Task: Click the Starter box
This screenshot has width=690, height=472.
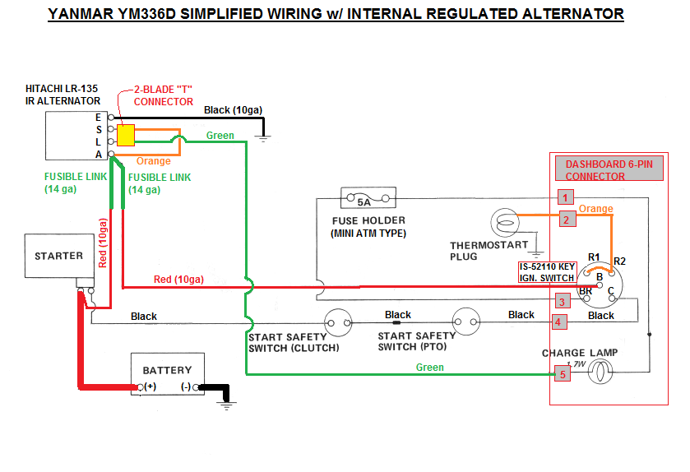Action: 58,256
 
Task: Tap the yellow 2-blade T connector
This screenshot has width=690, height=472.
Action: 126,136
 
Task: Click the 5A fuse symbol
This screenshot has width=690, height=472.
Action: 363,200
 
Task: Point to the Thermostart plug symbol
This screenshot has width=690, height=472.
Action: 502,224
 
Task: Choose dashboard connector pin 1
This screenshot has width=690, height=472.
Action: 564,197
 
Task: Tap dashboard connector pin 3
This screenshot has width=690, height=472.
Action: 563,301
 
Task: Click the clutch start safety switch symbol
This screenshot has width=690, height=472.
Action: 337,322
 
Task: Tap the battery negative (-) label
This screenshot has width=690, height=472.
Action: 185,386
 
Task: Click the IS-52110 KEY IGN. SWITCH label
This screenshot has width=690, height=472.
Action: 547,273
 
